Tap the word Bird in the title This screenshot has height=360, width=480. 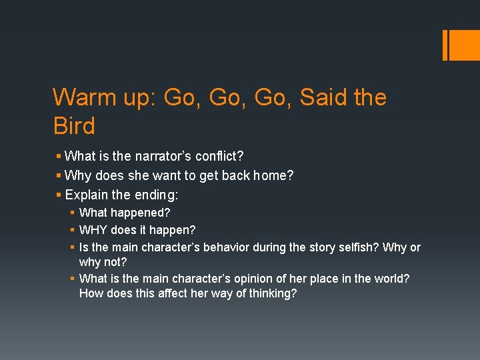pyautogui.click(x=74, y=125)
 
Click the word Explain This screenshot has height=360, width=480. pyautogui.click(x=86, y=196)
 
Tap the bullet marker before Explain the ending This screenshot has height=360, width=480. pyautogui.click(x=59, y=196)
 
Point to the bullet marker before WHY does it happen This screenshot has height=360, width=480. pyautogui.click(x=71, y=230)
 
